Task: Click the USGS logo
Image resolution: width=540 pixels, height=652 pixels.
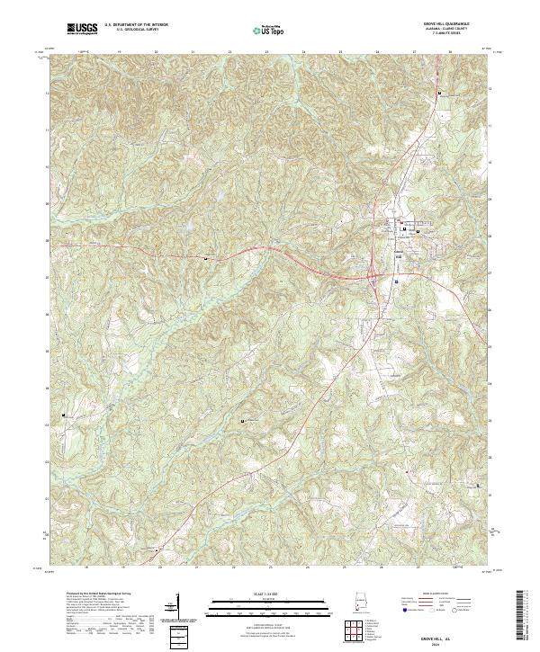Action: click(x=81, y=29)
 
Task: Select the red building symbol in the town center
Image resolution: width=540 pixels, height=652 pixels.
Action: click(x=390, y=223)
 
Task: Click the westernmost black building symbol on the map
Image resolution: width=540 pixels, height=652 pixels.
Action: click(x=63, y=415)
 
